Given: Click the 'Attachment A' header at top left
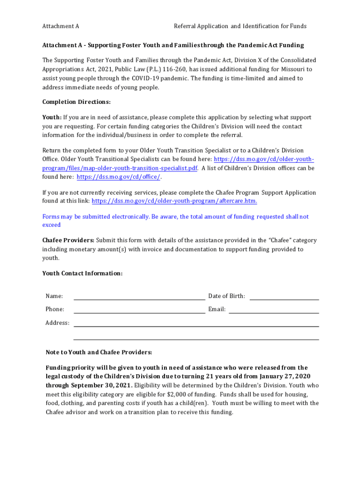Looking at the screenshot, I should (60, 26).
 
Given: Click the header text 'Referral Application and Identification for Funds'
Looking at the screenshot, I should (240, 26).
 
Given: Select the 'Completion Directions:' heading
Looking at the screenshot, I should (76, 102).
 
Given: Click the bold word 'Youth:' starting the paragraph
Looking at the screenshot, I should (52, 117).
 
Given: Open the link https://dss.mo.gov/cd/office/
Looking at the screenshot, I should (119, 177).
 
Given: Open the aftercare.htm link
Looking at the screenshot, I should (174, 201).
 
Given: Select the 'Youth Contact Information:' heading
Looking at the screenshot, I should (82, 273).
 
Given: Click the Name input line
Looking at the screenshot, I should (139, 297).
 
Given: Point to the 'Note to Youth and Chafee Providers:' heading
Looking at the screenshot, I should (99, 352).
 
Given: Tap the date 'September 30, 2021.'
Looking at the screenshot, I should (101, 385).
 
